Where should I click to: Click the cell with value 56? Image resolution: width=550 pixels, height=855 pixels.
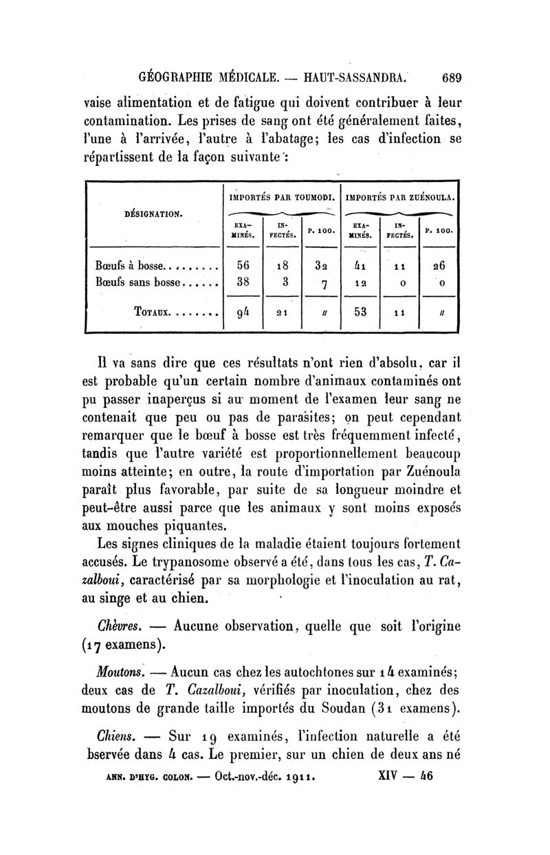tap(243, 266)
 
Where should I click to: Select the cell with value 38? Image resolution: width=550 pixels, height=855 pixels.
tap(243, 282)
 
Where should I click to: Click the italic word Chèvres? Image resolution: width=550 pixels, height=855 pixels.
tap(120, 626)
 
